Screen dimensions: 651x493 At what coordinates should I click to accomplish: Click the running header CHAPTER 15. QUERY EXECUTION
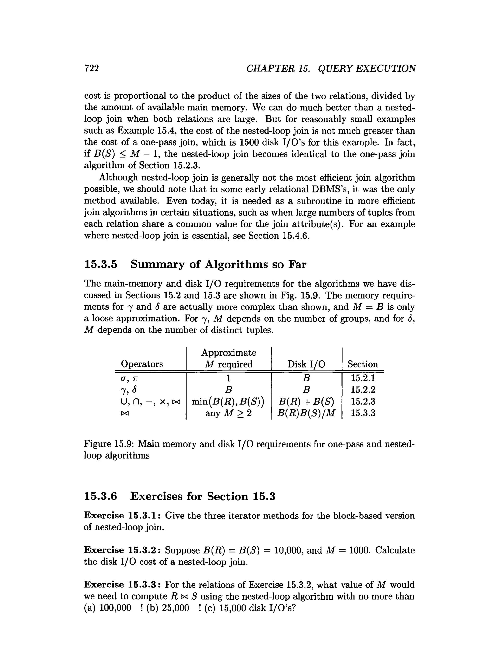[331, 69]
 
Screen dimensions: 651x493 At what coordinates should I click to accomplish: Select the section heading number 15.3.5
[101, 264]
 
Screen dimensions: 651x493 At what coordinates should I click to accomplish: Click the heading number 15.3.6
[101, 496]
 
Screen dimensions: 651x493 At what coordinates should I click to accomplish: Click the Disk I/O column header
[306, 364]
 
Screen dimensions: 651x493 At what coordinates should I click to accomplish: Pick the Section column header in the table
[363, 364]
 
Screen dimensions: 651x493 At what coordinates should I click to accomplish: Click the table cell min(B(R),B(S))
[228, 402]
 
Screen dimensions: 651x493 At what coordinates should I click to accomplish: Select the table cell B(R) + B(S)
[306, 402]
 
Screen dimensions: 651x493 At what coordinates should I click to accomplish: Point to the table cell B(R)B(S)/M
[306, 413]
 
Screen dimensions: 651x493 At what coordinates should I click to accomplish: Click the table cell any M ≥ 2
[228, 413]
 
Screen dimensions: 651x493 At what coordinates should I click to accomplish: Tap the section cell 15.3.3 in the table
[363, 413]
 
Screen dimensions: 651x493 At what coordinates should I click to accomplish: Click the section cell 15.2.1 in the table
[363, 378]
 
